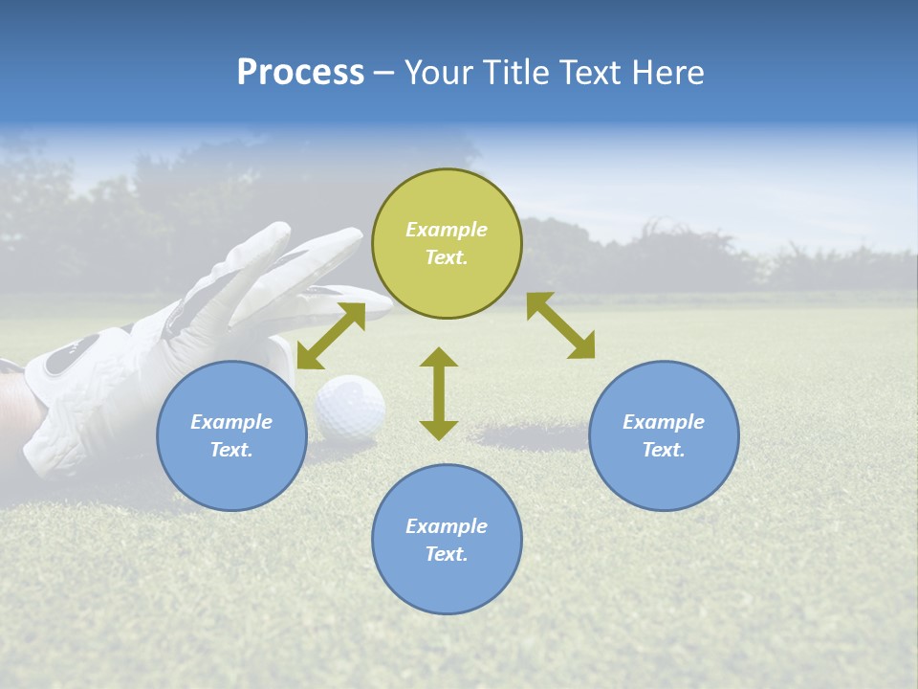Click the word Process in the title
point(300,73)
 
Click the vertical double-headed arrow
point(439,393)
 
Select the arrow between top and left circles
point(331,336)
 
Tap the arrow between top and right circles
point(560,325)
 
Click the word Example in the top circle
point(447,230)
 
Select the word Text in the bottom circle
point(446,554)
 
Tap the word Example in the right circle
point(664,422)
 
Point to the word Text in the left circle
point(230,450)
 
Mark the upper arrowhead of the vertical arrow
point(439,358)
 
